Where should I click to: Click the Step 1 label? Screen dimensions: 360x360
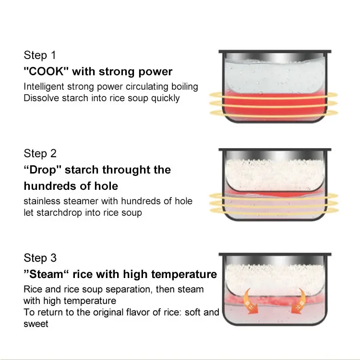point(40,55)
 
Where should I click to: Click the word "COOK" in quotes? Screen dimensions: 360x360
point(46,72)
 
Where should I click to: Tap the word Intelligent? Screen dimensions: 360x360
point(46,87)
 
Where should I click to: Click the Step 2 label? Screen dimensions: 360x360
point(40,154)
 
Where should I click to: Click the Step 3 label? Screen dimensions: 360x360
point(40,258)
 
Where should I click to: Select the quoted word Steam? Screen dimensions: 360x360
point(47,275)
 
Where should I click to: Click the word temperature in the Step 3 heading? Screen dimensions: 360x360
point(185,275)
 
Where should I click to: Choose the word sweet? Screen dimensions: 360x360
point(36,324)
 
